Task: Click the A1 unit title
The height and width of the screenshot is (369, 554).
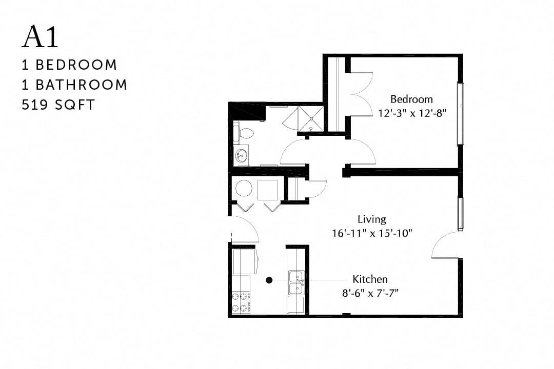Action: [x=41, y=37]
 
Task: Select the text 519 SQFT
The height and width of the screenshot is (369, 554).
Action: [x=58, y=105]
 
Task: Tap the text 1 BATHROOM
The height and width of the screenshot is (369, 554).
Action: [x=74, y=85]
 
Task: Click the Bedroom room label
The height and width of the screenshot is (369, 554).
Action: [x=411, y=99]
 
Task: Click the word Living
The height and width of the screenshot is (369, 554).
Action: [x=372, y=219]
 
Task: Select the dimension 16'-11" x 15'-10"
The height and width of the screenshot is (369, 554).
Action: [x=372, y=233]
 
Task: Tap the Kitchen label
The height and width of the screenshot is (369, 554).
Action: [x=370, y=279]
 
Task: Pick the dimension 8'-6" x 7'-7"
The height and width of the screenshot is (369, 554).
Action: [x=370, y=293]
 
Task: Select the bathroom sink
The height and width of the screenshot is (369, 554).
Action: [x=241, y=154]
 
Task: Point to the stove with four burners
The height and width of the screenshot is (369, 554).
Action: [x=240, y=302]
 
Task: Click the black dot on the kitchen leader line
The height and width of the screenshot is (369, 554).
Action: [x=269, y=280]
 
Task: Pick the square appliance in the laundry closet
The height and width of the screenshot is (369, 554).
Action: [x=267, y=190]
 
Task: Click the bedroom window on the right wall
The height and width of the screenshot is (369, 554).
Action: [x=460, y=114]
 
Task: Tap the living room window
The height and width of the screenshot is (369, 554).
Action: [x=460, y=214]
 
